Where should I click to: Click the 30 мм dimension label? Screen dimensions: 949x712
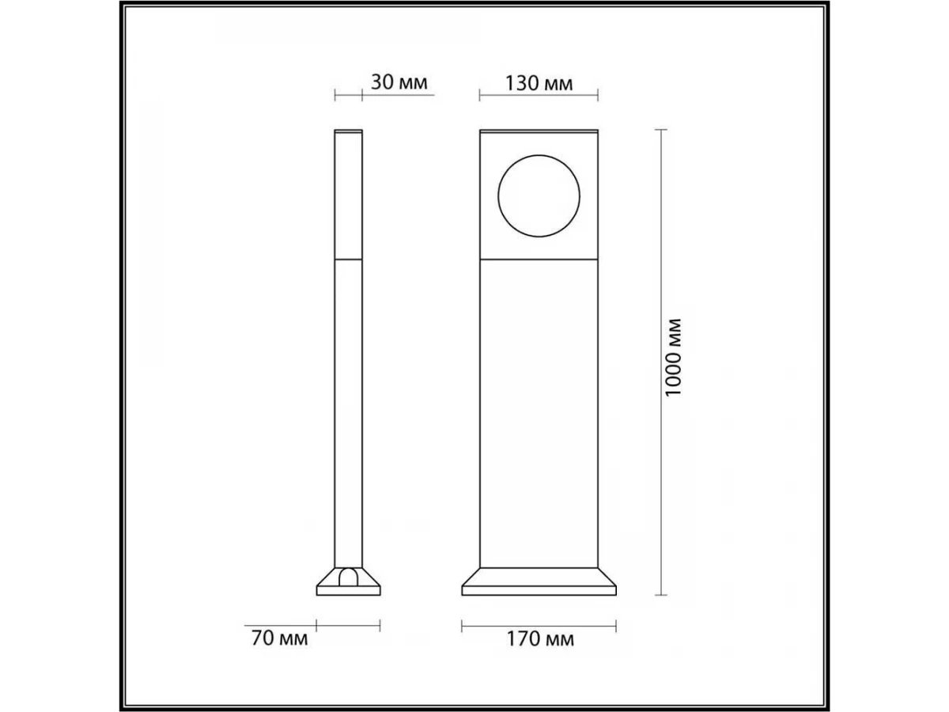tap(399, 82)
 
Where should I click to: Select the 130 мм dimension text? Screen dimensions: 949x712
tap(539, 83)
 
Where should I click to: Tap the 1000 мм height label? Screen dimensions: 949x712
tap(673, 358)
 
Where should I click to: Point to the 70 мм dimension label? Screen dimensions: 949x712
tap(280, 638)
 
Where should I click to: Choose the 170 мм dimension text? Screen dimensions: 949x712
tap(540, 639)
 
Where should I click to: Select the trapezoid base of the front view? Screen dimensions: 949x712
tap(539, 581)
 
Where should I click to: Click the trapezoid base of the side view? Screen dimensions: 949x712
tap(349, 581)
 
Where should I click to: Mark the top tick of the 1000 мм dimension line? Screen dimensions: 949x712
tap(660, 129)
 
